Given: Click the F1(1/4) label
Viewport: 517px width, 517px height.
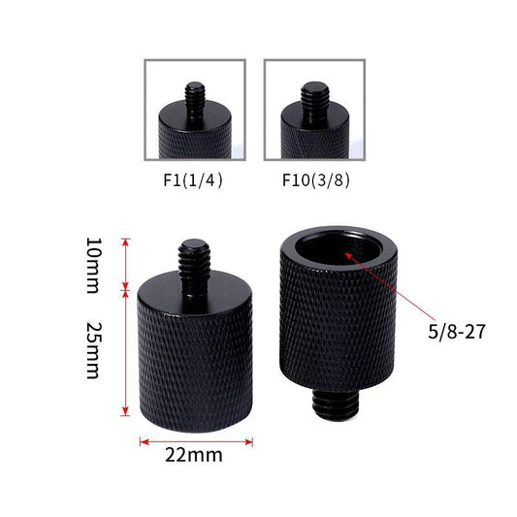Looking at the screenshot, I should tap(194, 179).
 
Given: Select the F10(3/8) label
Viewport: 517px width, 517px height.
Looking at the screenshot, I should tap(315, 179).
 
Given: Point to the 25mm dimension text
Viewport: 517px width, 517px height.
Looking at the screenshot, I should tap(92, 349).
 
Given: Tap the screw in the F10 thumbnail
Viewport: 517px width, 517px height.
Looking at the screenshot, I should tap(314, 96).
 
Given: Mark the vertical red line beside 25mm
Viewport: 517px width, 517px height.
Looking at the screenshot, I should tap(125, 349).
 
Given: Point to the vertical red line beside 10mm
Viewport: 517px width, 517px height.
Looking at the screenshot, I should tap(125, 262).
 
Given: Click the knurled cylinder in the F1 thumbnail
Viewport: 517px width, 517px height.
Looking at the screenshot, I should tap(193, 137).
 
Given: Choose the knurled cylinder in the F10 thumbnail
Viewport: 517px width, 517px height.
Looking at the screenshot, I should tap(314, 137).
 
